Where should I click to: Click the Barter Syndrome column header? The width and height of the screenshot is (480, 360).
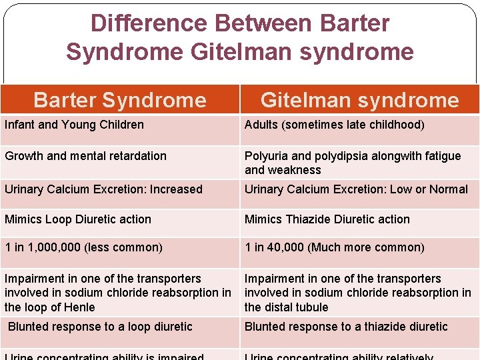click(120, 100)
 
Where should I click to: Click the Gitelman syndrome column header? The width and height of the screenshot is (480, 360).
click(359, 100)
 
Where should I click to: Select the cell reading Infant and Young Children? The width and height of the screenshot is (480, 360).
click(74, 125)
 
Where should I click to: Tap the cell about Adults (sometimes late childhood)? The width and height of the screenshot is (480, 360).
click(335, 125)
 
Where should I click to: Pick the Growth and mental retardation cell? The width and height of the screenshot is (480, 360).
click(85, 156)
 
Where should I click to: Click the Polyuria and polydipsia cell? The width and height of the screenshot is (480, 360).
click(353, 163)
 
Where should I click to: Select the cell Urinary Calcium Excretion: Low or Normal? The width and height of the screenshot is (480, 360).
click(356, 189)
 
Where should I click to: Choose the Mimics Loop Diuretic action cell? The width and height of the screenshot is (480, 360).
click(78, 219)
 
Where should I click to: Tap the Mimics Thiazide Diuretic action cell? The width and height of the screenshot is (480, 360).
click(327, 219)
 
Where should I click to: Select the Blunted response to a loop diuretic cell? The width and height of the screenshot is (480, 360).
click(100, 327)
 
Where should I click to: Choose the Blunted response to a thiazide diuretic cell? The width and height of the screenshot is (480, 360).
click(346, 327)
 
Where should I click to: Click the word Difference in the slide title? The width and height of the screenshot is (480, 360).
click(149, 23)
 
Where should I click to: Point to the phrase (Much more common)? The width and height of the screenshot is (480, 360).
click(365, 247)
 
